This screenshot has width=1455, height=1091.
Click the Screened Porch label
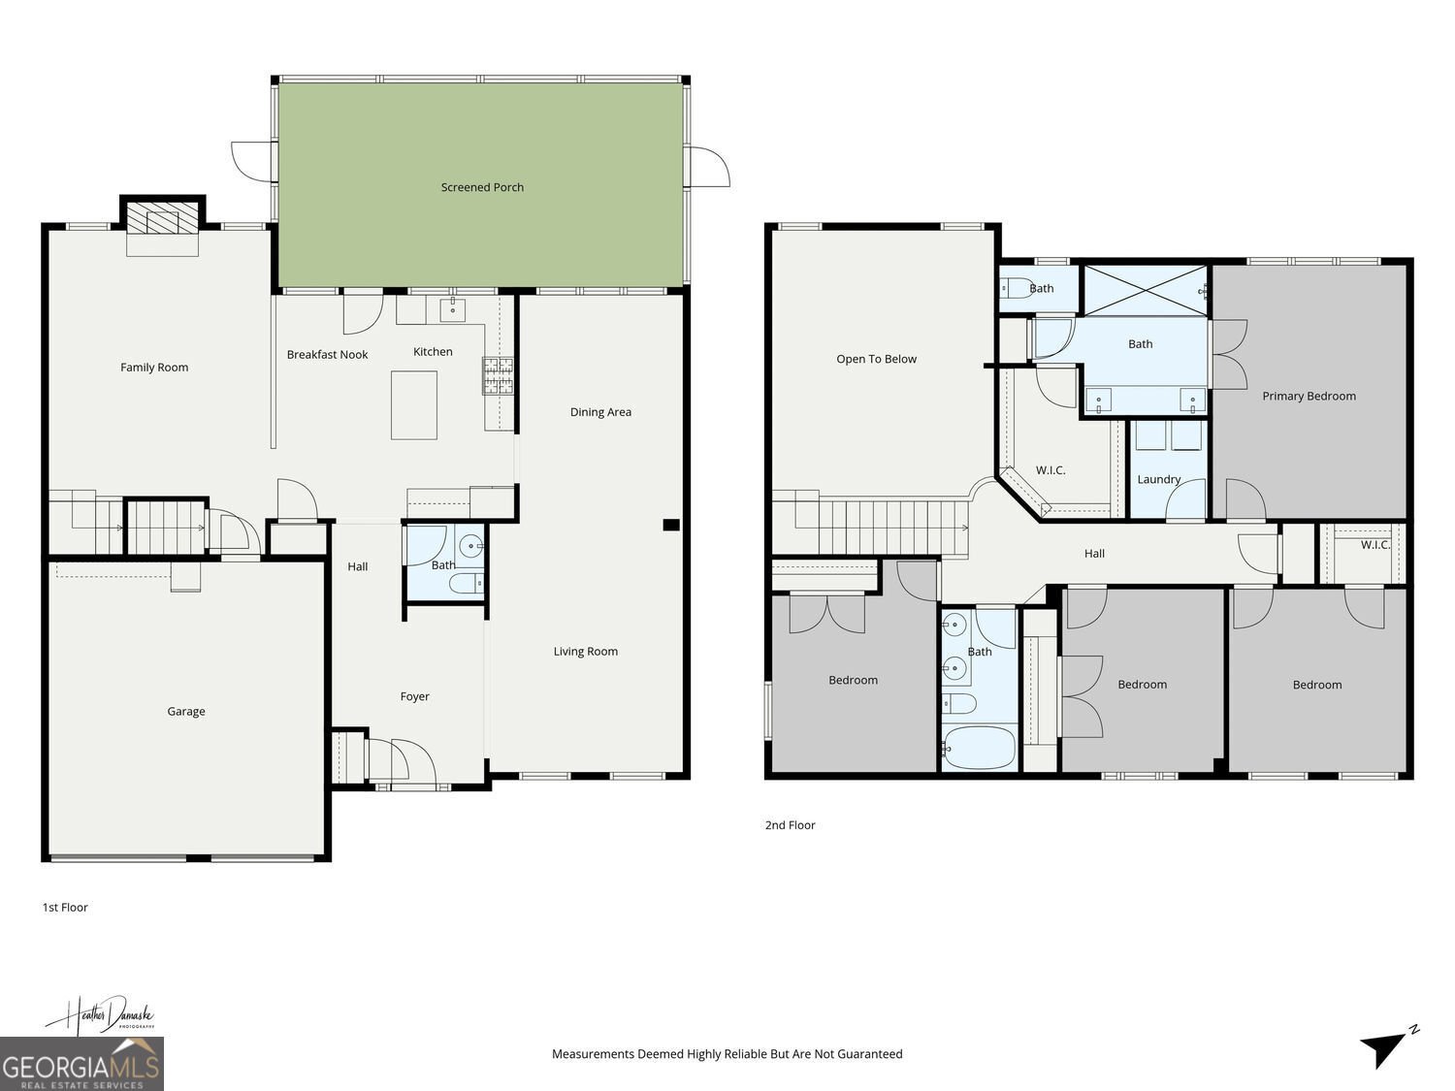[x=482, y=187]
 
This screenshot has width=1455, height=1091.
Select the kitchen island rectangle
[x=413, y=404]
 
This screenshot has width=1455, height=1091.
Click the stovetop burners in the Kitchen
[x=498, y=375]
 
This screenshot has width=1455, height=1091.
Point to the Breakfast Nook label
[x=327, y=354]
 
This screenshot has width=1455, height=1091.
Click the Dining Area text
[x=600, y=412]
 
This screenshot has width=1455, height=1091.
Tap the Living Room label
[x=585, y=651]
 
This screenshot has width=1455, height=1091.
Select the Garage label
[x=185, y=712]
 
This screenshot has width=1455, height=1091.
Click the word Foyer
[x=414, y=696]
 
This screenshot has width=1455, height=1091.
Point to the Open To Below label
[x=876, y=359]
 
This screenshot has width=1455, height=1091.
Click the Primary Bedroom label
[x=1309, y=396]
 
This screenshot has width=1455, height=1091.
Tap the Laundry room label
[x=1159, y=480]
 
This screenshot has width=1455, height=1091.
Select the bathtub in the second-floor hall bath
[x=979, y=748]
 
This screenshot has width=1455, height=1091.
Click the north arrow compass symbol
[x=1387, y=1046]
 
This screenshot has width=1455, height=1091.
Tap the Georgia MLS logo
[x=81, y=1064]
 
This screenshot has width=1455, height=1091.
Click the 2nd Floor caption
[x=791, y=824]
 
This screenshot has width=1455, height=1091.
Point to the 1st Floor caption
[x=65, y=907]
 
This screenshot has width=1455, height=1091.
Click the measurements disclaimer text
[x=727, y=1053]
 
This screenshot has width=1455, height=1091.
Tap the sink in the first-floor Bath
[x=472, y=547]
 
